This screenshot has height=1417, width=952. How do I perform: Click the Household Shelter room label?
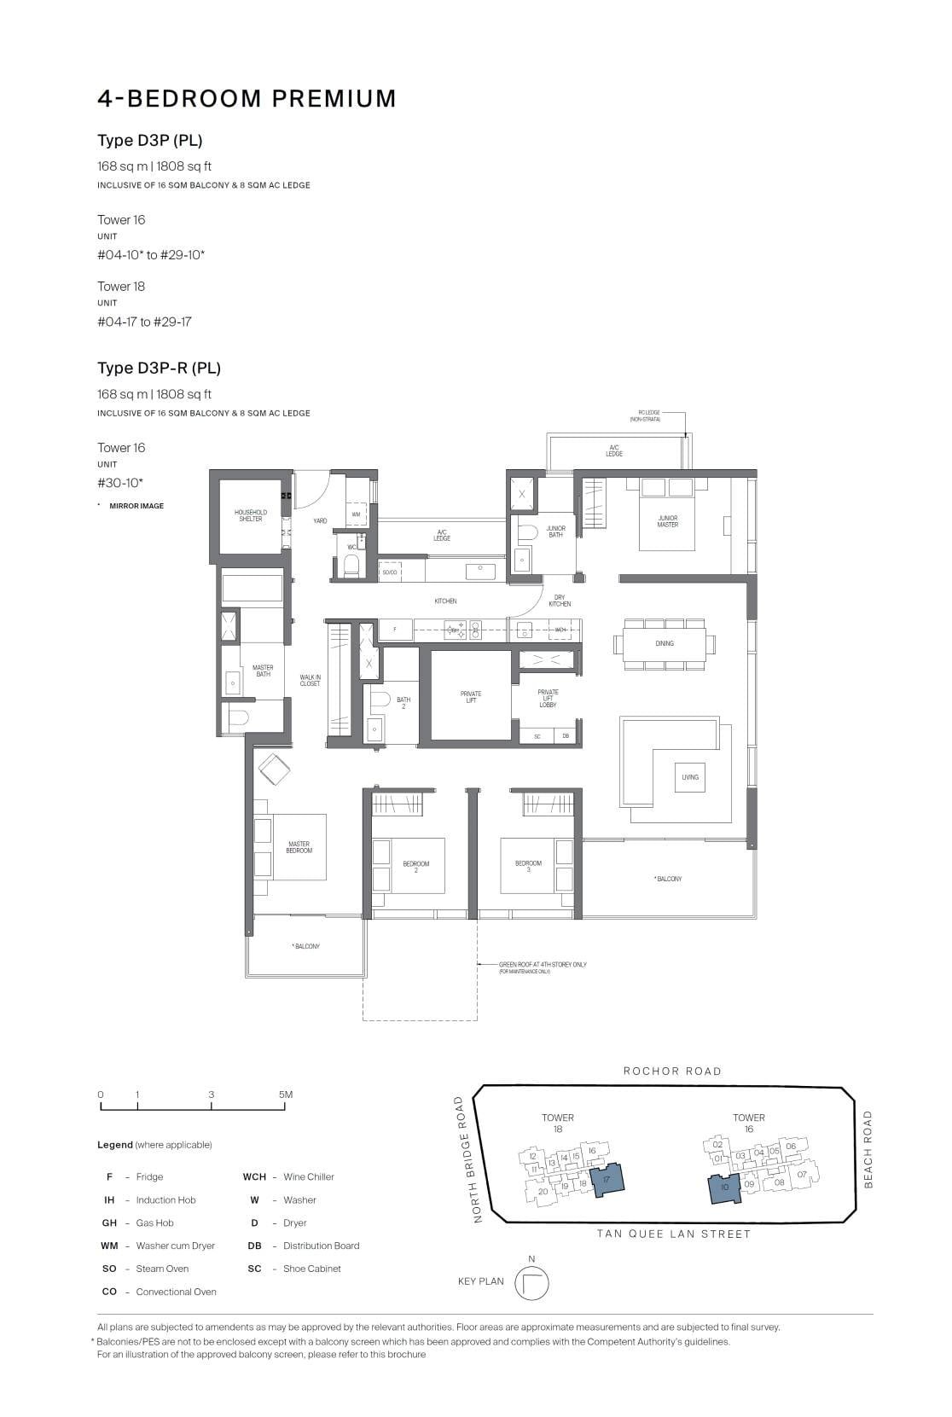tap(250, 515)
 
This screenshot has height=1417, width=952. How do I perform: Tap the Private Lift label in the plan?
tap(470, 697)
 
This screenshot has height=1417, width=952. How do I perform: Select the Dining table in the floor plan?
tap(664, 643)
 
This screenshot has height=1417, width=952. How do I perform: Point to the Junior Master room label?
tap(667, 520)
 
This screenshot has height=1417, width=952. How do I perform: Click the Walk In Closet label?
tap(310, 681)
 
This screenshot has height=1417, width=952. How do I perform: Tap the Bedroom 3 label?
tap(528, 866)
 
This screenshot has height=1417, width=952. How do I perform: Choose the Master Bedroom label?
tap(299, 847)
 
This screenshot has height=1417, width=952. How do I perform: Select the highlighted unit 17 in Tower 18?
tap(607, 1180)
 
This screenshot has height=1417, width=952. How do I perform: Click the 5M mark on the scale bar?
tap(285, 1095)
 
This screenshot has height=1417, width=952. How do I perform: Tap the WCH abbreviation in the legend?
tap(254, 1177)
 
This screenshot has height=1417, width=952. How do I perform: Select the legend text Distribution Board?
tap(321, 1246)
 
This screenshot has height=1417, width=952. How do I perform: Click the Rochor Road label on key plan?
tap(672, 1071)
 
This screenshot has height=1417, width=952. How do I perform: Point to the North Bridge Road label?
tap(465, 1159)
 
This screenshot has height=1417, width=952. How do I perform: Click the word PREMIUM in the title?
tap(334, 99)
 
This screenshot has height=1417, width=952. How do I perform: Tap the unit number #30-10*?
tap(120, 483)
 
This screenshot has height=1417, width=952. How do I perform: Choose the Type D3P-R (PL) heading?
tap(159, 369)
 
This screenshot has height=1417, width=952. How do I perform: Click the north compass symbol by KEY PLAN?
tap(532, 1282)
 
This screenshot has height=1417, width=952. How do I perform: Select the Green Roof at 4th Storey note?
tap(543, 965)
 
